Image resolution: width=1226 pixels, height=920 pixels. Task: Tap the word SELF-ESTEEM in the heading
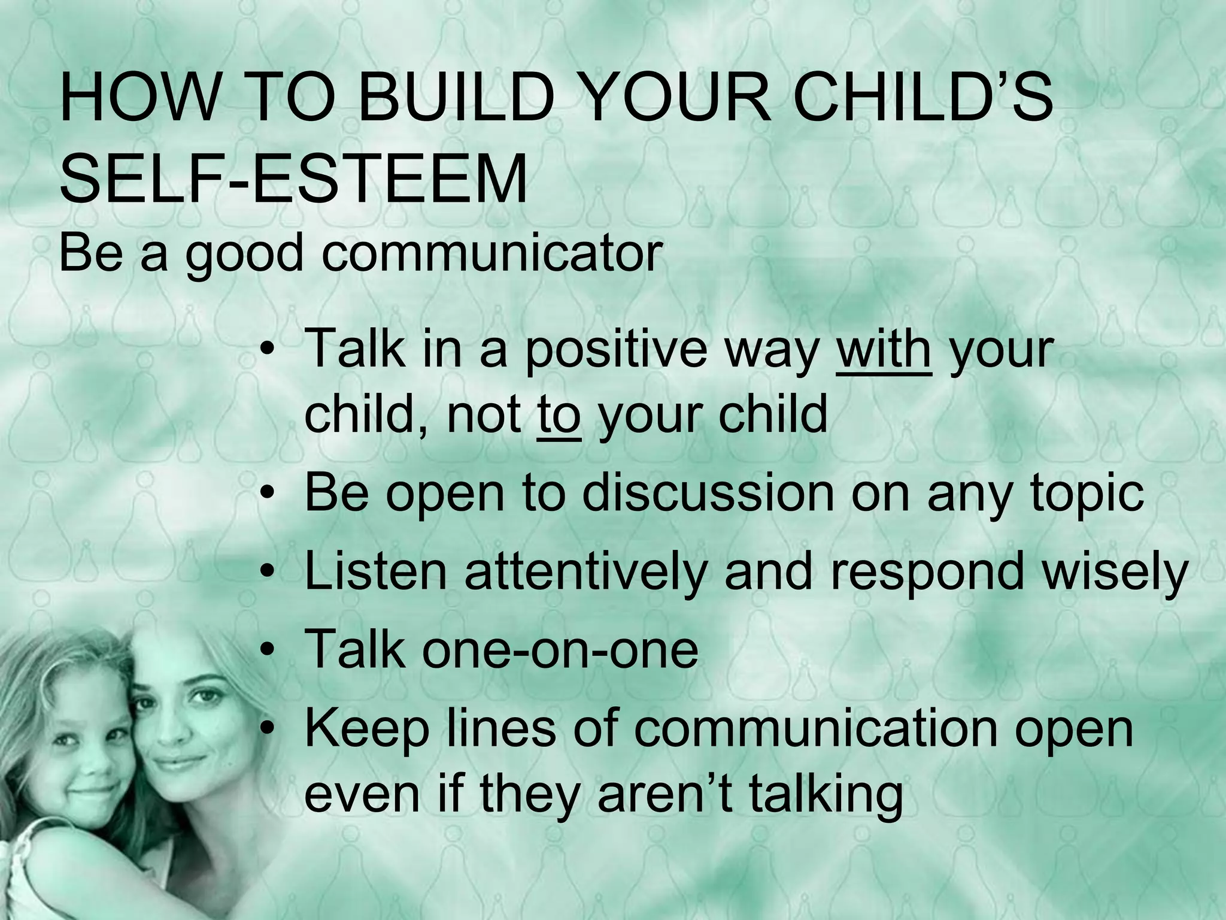pos(293,178)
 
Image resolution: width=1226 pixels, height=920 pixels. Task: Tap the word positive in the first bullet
pos(617,350)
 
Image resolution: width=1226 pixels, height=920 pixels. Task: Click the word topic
pos(1086,494)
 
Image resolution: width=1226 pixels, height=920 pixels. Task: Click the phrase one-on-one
pos(560,650)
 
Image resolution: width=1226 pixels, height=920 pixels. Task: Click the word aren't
pos(664,794)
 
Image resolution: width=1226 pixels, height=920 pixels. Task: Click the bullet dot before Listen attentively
pos(270,572)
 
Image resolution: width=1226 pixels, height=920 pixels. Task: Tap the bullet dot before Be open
pos(270,494)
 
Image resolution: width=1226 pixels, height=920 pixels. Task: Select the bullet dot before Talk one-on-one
pos(270,650)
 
